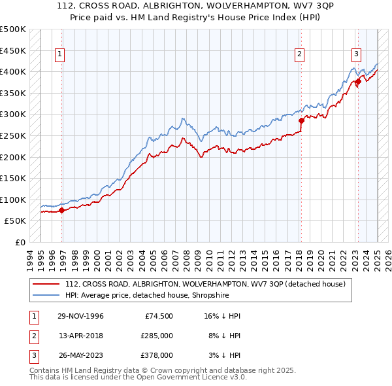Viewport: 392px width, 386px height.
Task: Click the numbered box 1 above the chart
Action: click(59, 54)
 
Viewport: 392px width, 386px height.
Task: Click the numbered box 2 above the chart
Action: click(299, 54)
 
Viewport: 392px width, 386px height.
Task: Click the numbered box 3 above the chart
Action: click(356, 54)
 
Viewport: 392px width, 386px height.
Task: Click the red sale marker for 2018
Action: click(302, 120)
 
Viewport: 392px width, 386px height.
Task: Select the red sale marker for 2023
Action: click(358, 81)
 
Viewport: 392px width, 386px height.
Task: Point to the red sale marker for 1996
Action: click(62, 210)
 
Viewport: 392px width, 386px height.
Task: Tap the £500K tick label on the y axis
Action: click(13, 29)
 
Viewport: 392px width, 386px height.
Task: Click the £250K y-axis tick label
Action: click(13, 136)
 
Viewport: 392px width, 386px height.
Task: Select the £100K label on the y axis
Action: click(13, 200)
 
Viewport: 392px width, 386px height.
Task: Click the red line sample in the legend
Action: click(46, 285)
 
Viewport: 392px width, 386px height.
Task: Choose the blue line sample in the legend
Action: click(46, 295)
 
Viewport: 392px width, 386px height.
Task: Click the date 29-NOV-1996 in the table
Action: click(80, 316)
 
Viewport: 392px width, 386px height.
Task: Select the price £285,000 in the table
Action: click(157, 336)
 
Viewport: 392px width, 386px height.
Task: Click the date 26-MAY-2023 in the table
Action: click(80, 355)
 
